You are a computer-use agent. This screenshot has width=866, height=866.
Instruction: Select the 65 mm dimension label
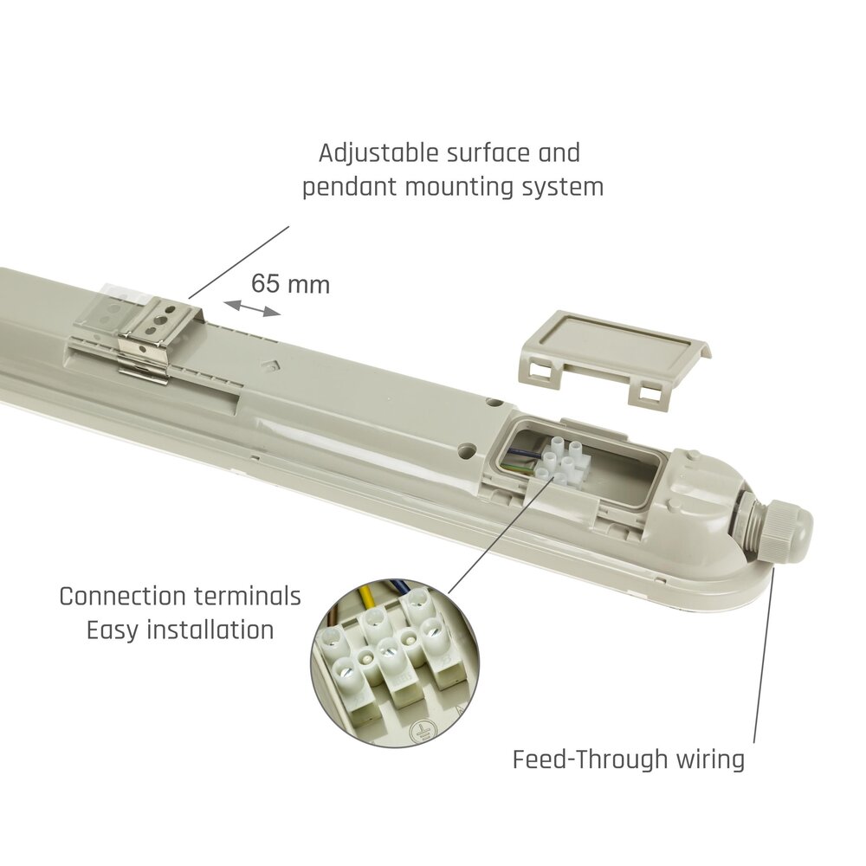coord(290,284)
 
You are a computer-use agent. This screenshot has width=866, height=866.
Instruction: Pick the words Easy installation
coord(180,630)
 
